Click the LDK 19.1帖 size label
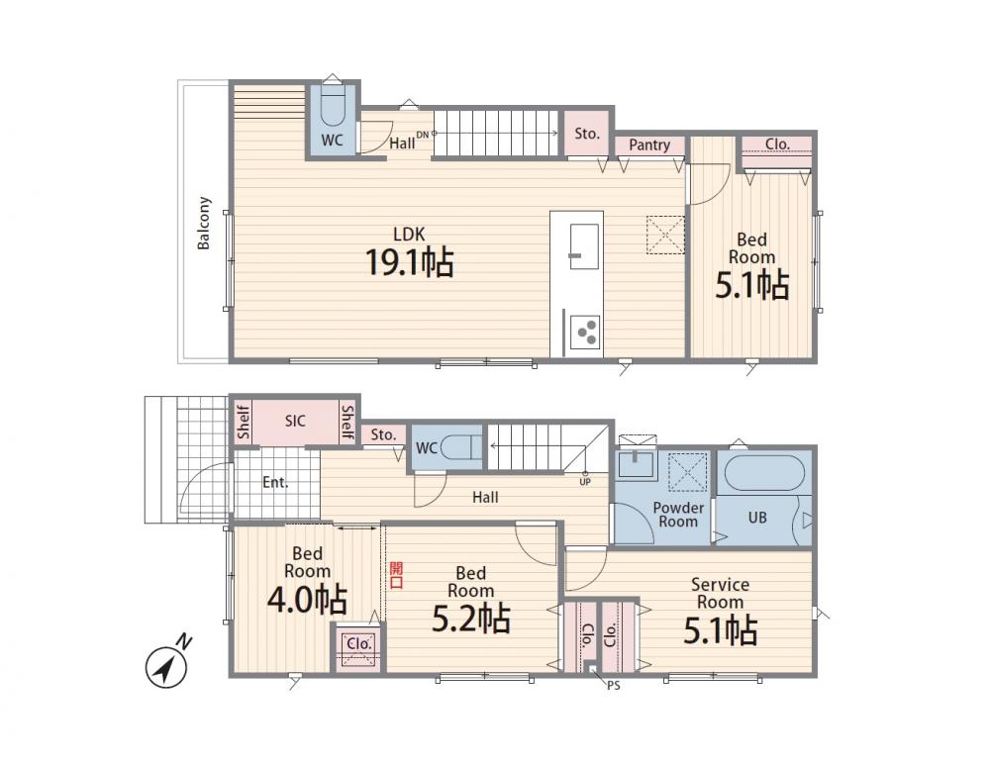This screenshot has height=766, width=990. click(410, 262)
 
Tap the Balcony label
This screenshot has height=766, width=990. click(203, 223)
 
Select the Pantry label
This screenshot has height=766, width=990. click(649, 145)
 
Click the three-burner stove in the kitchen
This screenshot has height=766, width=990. click(584, 332)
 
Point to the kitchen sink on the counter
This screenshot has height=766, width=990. click(584, 246)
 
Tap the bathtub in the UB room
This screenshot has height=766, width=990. click(764, 473)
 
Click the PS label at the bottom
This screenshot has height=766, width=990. click(613, 686)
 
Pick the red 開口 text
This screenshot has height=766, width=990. click(396, 575)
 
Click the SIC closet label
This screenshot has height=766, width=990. click(295, 421)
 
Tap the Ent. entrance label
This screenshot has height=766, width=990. click(275, 483)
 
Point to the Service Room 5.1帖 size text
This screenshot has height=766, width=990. click(721, 630)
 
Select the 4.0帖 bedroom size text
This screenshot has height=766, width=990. click(307, 600)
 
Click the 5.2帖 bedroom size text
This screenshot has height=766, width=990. click(471, 619)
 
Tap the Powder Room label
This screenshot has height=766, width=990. click(678, 515)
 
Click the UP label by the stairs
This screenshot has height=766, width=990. click(585, 481)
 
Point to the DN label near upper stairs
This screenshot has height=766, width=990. click(423, 135)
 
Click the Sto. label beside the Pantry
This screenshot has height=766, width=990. click(587, 134)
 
